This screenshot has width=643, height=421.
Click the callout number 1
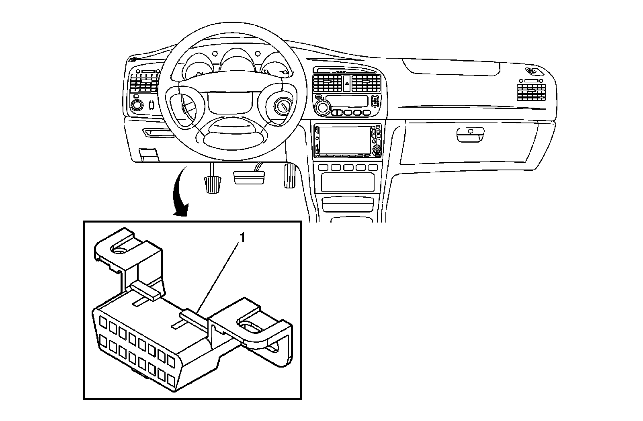coord(242,238)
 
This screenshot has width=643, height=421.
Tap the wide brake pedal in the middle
coord(249,177)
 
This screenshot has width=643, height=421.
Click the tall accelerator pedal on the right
coord(290,175)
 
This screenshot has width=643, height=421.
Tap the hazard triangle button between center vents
coord(346,84)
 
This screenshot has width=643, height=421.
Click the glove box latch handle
coord(470,135)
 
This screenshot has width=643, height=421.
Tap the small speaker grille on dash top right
coord(533,72)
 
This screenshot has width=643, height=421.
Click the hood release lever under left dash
coord(148,154)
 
